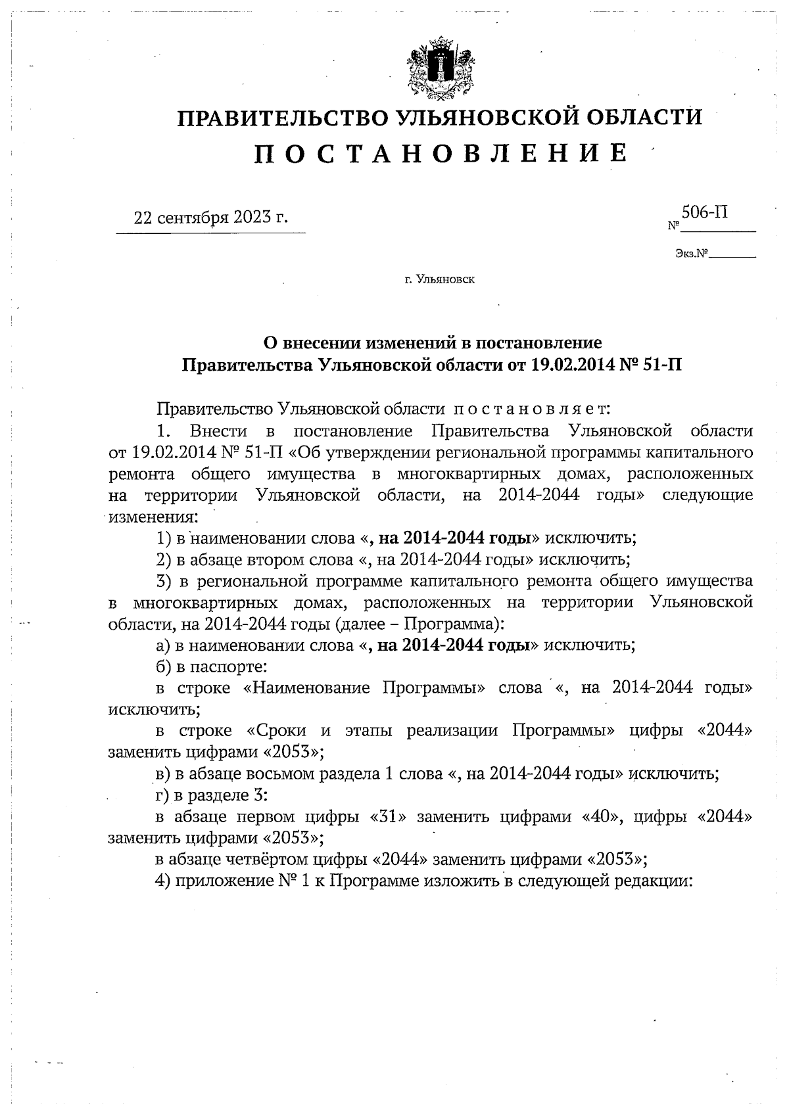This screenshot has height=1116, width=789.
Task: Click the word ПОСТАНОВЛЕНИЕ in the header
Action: (x=440, y=154)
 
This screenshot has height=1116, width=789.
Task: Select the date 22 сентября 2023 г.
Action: (x=210, y=218)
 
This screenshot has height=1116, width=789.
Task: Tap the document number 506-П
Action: (x=704, y=212)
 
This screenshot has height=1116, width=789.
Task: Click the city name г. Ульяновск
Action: (x=440, y=280)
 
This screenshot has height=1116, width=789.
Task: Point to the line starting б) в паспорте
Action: (x=211, y=666)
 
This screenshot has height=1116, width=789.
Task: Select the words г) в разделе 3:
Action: (x=211, y=795)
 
